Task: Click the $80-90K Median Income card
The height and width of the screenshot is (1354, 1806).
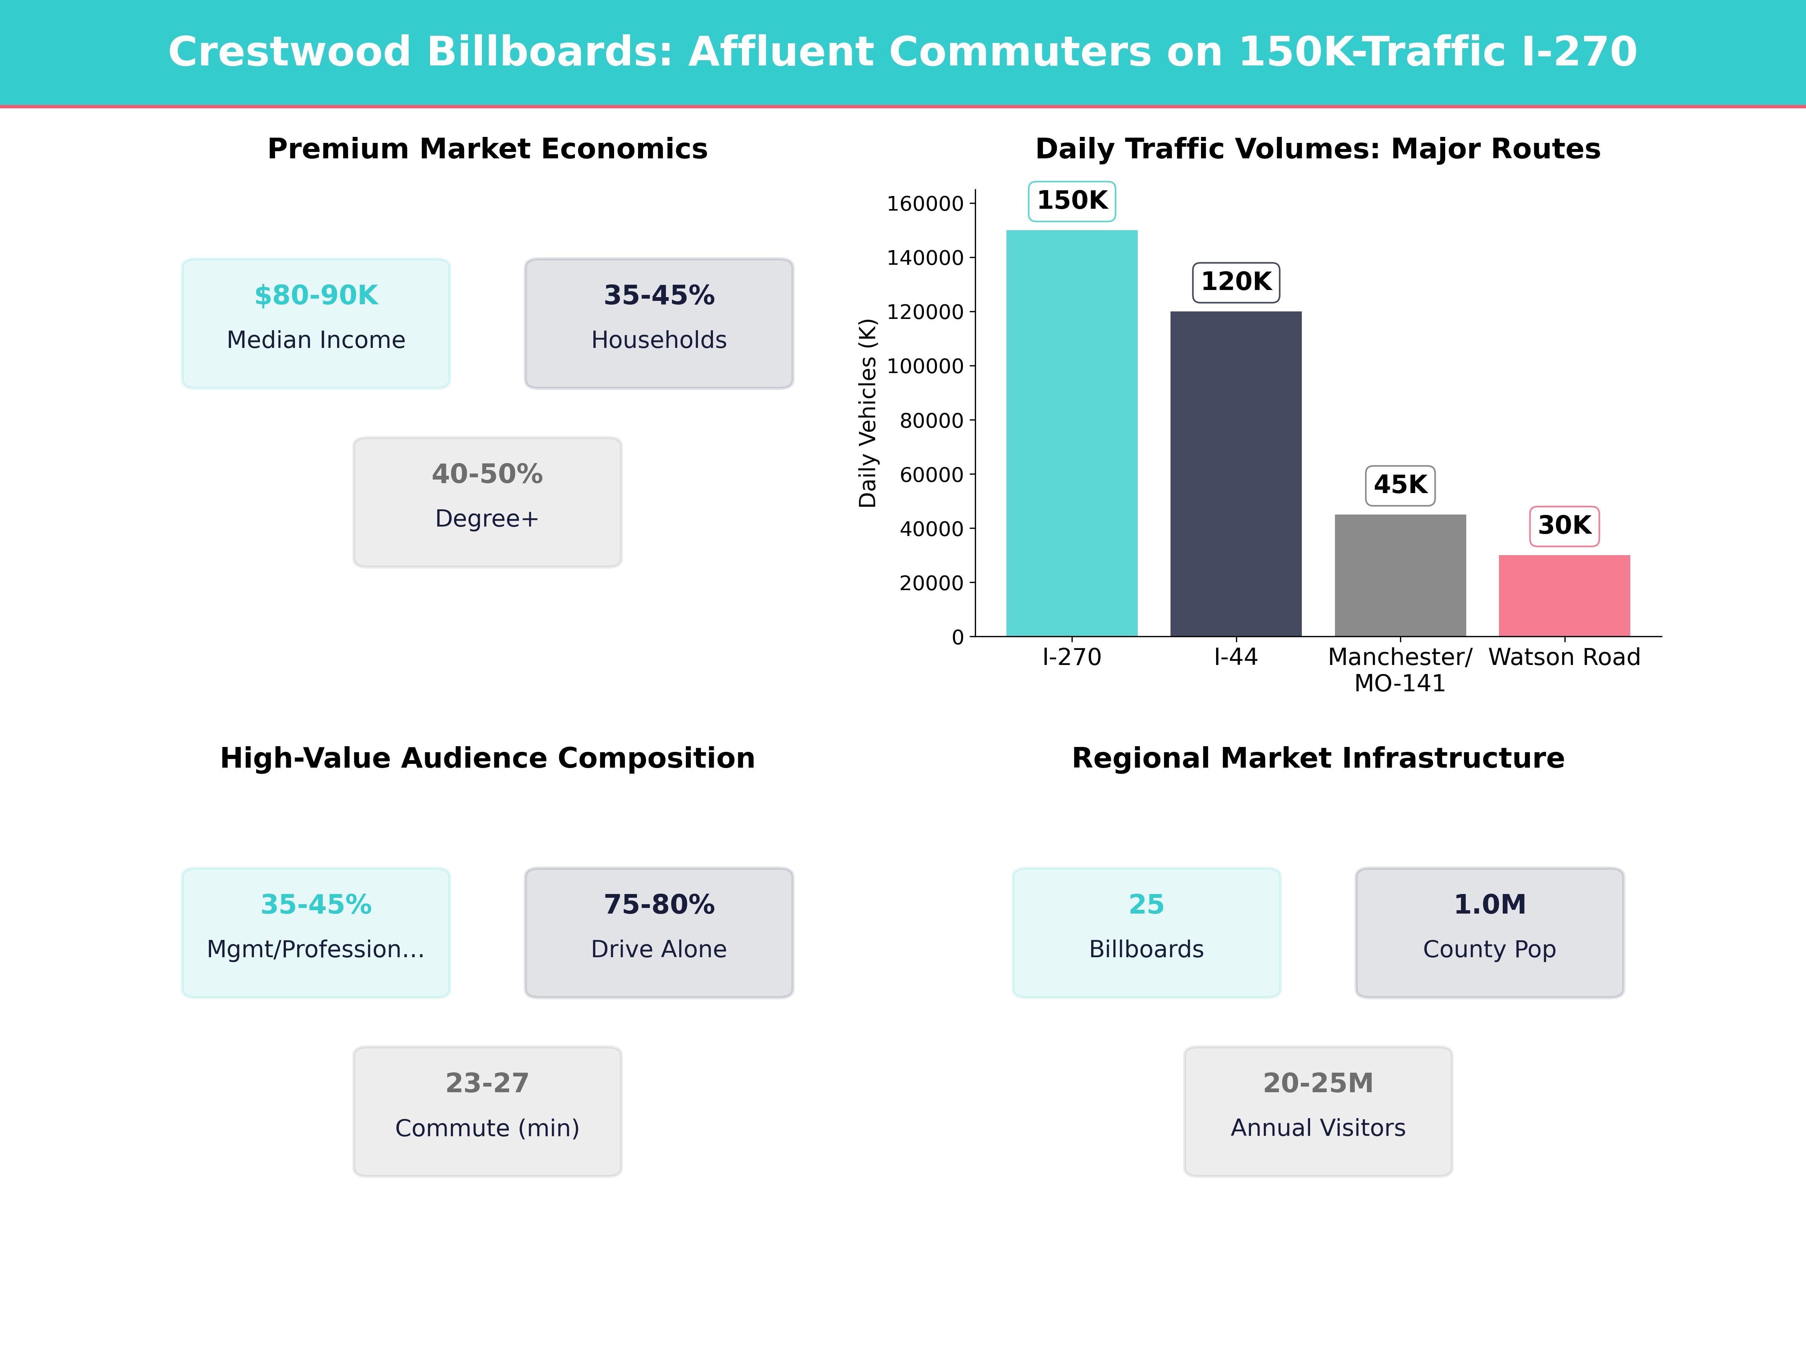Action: (316, 323)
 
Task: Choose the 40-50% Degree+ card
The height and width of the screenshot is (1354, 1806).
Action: (487, 502)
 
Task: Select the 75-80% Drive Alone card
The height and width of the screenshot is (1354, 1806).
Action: (659, 932)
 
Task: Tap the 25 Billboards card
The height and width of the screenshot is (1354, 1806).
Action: (1146, 932)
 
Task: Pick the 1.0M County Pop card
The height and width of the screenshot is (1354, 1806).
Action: (1489, 932)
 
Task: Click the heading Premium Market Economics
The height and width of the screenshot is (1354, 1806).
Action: (487, 149)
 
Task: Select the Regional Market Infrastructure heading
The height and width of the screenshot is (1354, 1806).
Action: (1318, 758)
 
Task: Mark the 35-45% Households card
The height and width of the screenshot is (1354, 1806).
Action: (659, 323)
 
